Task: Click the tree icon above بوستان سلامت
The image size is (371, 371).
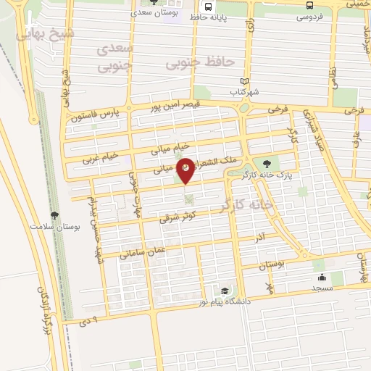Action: click(55, 214)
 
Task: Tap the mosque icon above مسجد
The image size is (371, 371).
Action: click(321, 276)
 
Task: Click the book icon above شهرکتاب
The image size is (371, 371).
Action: click(244, 81)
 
